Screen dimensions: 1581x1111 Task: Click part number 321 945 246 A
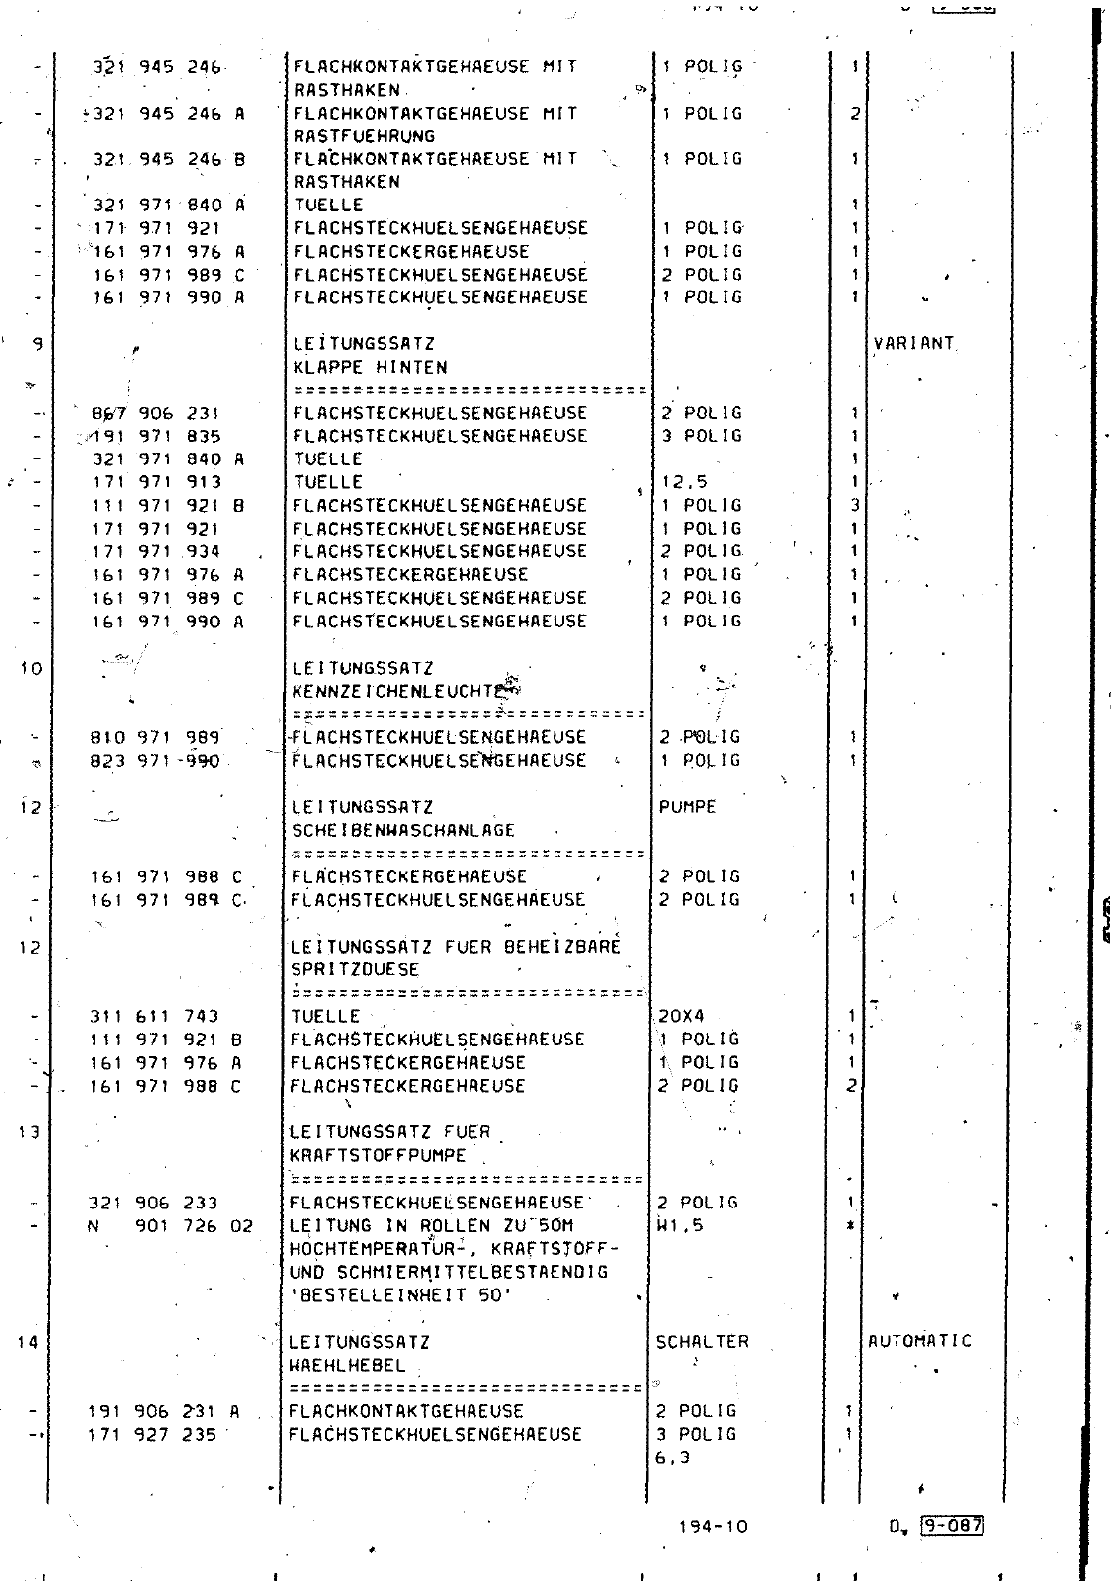click(168, 114)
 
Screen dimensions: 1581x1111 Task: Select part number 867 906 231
click(155, 413)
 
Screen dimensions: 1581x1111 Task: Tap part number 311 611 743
click(154, 1016)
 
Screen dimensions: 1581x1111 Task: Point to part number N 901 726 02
click(172, 1226)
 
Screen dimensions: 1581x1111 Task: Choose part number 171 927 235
click(152, 1434)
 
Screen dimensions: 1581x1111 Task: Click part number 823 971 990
click(155, 761)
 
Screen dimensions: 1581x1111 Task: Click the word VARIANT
click(914, 344)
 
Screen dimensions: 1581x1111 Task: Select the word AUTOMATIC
click(919, 1341)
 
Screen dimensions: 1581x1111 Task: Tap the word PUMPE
click(687, 807)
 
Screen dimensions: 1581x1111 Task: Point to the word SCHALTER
click(702, 1342)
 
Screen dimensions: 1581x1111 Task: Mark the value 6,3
click(672, 1457)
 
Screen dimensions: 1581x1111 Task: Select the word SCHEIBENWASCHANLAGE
click(403, 830)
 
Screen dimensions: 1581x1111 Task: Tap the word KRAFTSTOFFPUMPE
click(378, 1155)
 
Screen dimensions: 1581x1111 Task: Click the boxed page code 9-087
click(951, 1525)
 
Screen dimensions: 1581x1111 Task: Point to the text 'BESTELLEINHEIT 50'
click(400, 1295)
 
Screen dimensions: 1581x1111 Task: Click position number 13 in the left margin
click(29, 1132)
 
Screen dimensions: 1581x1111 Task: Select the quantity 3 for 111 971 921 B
click(855, 505)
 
